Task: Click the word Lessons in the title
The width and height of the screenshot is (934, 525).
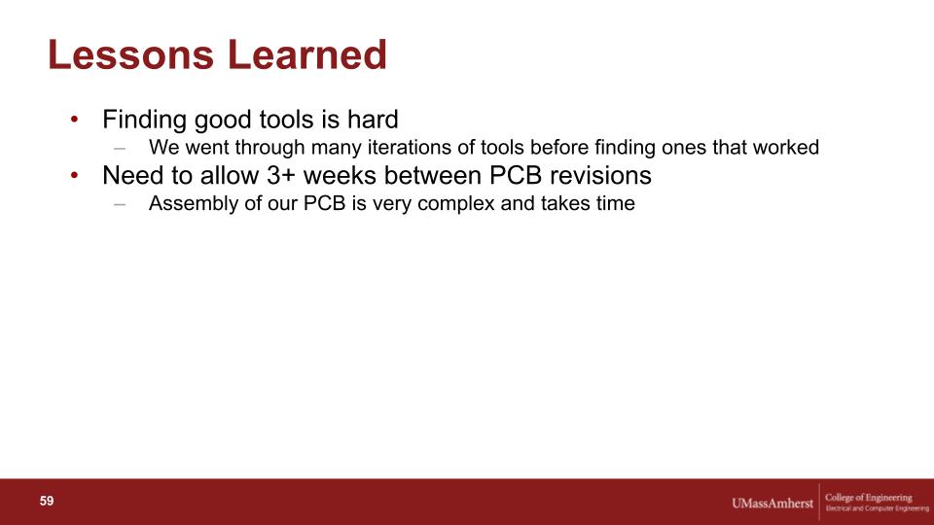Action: (x=130, y=54)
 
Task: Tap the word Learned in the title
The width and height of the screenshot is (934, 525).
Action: (x=307, y=54)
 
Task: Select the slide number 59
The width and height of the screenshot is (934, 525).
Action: (x=47, y=502)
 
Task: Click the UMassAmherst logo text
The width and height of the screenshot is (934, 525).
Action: (x=772, y=504)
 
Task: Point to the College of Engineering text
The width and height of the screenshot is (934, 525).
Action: (x=869, y=498)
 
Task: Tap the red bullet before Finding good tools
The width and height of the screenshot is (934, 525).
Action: (x=75, y=120)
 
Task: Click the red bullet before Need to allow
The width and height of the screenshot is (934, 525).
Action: (x=75, y=176)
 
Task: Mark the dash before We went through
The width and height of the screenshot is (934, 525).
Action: (x=120, y=148)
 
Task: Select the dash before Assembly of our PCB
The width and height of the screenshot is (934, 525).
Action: (x=120, y=204)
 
